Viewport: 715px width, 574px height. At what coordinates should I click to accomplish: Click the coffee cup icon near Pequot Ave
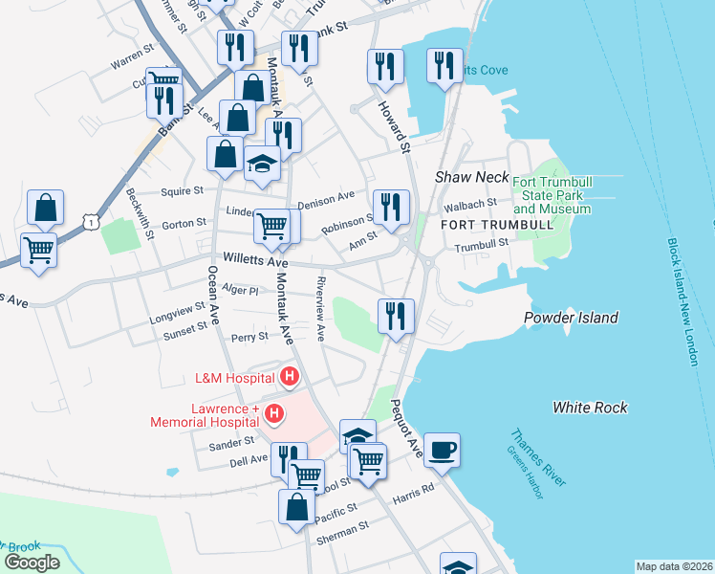pyautogui.click(x=442, y=450)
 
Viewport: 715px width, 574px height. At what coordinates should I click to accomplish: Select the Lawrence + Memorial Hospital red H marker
pyautogui.click(x=274, y=413)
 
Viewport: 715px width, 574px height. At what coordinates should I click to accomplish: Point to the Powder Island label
pyautogui.click(x=571, y=318)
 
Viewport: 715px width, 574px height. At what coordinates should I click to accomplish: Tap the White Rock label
pyautogui.click(x=590, y=408)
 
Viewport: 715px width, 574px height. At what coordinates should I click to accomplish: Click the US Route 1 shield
pyautogui.click(x=90, y=222)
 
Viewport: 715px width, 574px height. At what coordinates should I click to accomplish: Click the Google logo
pyautogui.click(x=32, y=563)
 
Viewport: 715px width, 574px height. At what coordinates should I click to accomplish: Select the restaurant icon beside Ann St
pyautogui.click(x=391, y=208)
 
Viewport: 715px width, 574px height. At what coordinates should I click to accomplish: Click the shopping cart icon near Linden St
pyautogui.click(x=273, y=226)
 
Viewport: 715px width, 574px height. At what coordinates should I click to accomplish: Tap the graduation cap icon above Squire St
pyautogui.click(x=262, y=164)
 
